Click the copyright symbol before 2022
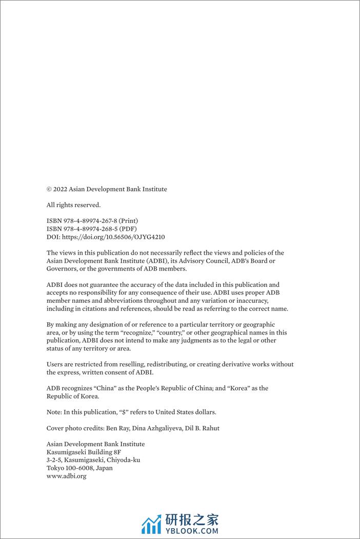pos(49,189)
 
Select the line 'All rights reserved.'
pos(73,205)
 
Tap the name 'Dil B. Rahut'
pos(203,428)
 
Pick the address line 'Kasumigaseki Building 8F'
pos(84,452)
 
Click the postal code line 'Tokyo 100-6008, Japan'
pos(79,468)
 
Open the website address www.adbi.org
pos(66,476)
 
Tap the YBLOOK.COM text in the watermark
pos(191,531)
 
